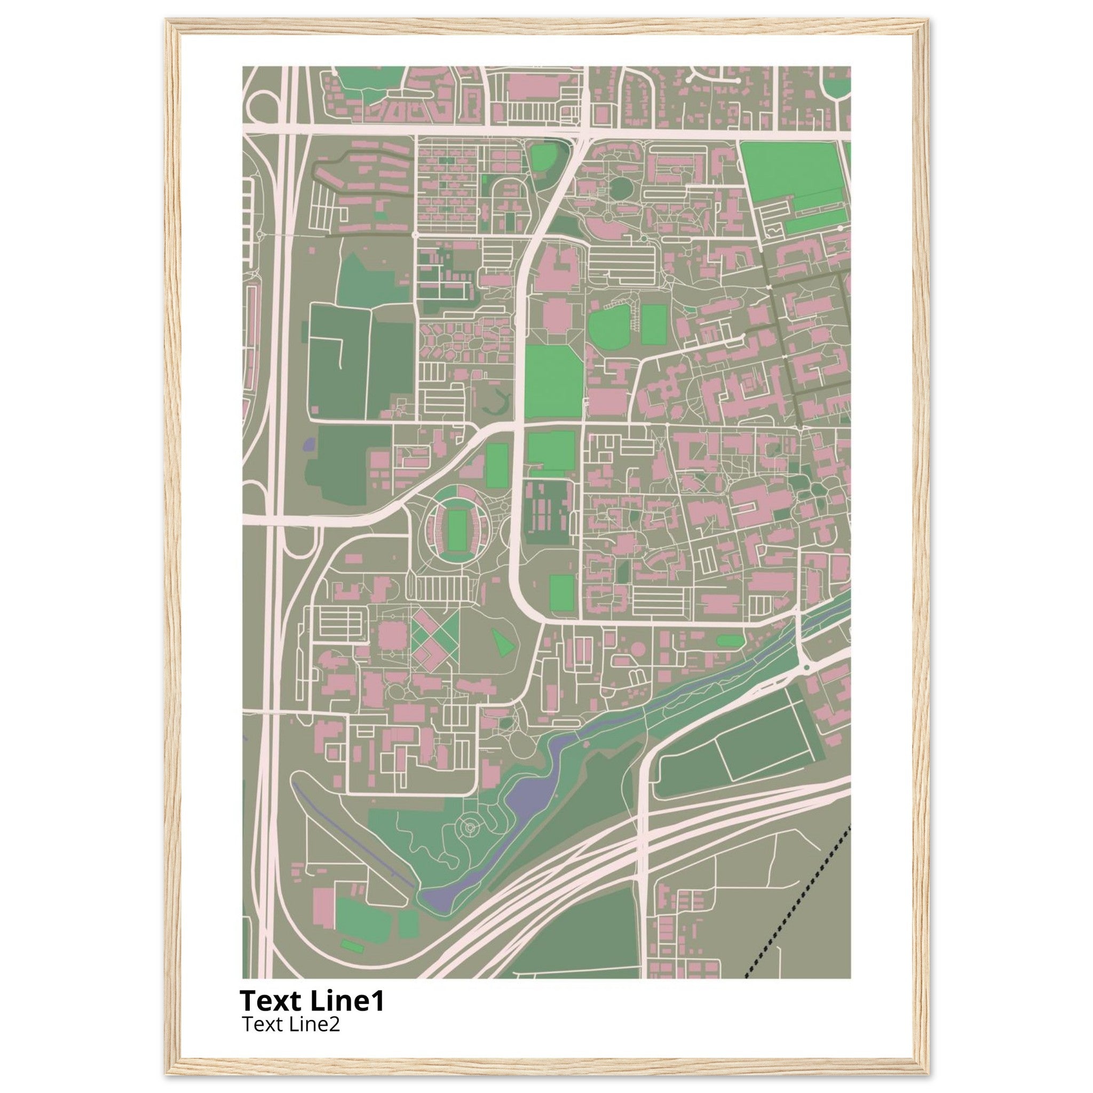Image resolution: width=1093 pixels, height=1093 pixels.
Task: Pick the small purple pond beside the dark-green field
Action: point(308,444)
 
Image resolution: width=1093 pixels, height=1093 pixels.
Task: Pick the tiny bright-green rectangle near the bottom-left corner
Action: point(351,945)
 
